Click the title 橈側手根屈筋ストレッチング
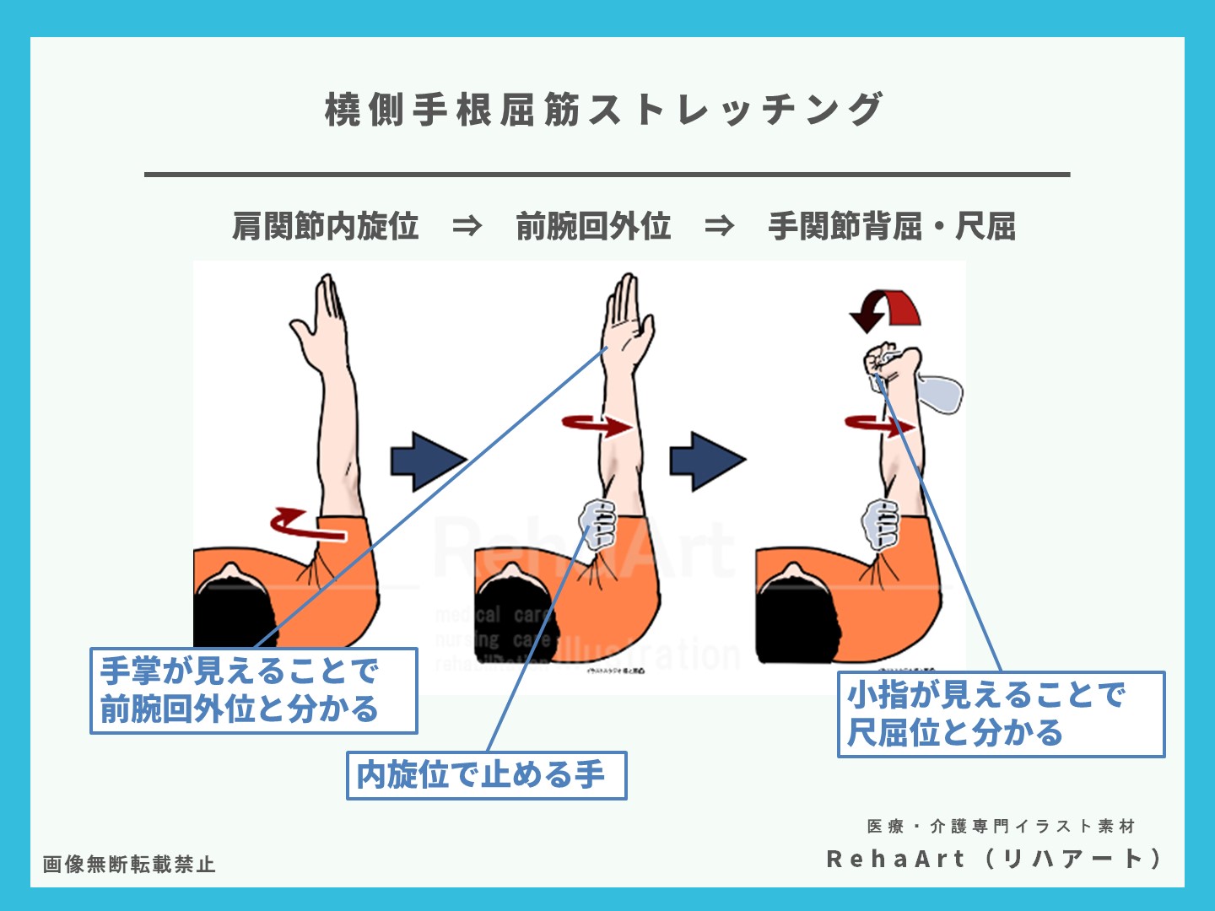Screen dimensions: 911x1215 [604, 110]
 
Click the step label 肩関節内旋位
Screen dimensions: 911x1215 [326, 226]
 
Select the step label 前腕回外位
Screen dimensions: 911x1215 [593, 226]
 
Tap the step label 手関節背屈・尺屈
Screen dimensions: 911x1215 [891, 226]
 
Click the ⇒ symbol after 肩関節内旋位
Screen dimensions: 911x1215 [467, 226]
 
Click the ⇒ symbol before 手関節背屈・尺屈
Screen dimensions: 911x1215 [719, 226]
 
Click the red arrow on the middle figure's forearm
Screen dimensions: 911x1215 [597, 424]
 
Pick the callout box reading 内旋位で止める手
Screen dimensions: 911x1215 [486, 775]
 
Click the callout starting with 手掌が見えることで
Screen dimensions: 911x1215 [253, 691]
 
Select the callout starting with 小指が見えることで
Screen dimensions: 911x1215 [1001, 714]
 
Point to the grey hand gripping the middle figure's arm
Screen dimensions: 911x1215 [599, 523]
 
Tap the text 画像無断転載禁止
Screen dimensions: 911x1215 [129, 865]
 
